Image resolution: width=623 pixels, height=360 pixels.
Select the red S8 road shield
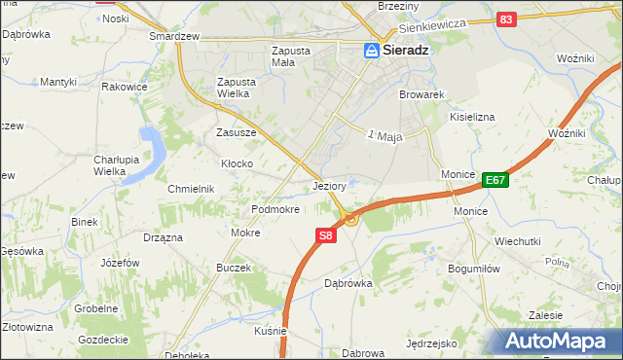coord(325,234)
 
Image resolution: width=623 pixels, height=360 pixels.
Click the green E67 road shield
coord(495,179)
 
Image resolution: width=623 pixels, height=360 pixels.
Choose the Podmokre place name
coord(275,209)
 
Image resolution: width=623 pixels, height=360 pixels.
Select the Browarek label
coord(421,95)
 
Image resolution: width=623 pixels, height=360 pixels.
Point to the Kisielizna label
coord(472,117)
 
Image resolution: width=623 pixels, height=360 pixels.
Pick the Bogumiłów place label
coord(473,268)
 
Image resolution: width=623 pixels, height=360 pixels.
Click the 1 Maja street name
coord(385,136)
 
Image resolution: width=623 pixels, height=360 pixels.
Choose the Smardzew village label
coord(174,36)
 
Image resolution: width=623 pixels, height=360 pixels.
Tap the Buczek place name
coord(234,268)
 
